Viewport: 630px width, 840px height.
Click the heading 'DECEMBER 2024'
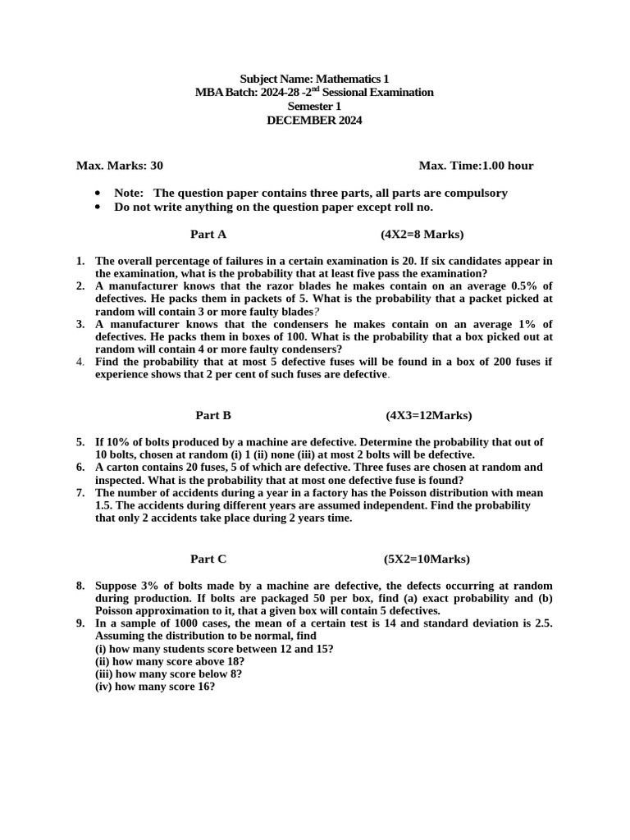pos(314,121)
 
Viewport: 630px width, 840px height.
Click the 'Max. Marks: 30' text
pos(120,166)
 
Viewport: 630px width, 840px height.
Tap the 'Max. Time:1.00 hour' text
pos(476,166)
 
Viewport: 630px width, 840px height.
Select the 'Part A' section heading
pos(208,235)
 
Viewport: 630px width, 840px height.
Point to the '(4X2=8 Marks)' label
pos(422,235)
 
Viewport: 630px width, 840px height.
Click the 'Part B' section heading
pos(213,415)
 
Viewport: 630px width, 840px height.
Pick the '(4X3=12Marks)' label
pos(429,415)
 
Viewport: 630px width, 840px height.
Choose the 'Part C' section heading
pos(208,559)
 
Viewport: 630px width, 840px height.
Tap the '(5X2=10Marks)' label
pos(427,559)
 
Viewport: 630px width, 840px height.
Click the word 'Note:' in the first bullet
pos(129,193)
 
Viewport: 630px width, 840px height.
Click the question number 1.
pos(80,261)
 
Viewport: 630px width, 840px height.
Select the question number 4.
pos(80,362)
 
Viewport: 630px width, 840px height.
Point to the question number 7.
pos(80,493)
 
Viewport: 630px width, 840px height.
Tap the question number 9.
pos(80,623)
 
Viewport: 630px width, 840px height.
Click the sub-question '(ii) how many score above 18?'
pos(170,661)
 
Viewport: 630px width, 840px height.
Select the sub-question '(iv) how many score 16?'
pos(155,687)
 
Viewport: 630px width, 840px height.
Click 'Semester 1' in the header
pos(314,107)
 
